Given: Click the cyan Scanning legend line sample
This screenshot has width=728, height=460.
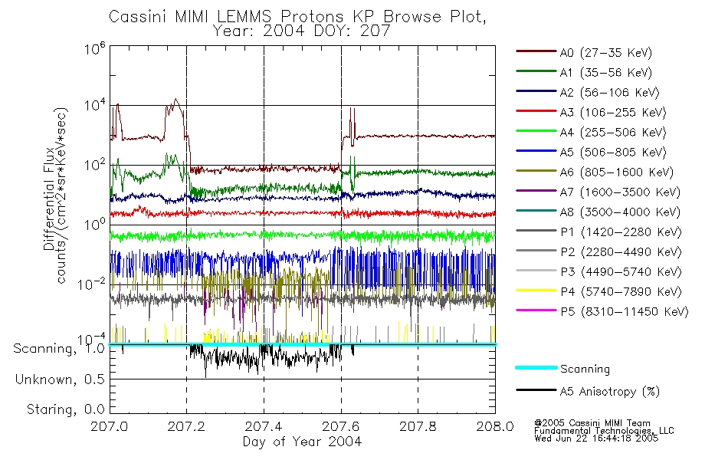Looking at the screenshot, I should click(535, 368).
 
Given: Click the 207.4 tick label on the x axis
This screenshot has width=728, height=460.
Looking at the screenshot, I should click(264, 428).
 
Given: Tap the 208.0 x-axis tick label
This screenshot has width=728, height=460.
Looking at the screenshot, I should click(495, 428).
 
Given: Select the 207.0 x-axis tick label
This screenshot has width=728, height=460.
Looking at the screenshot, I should click(110, 428).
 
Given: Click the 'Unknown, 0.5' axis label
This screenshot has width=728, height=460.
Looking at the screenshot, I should click(60, 379).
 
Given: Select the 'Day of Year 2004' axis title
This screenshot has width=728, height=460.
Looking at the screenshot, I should click(302, 442).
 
